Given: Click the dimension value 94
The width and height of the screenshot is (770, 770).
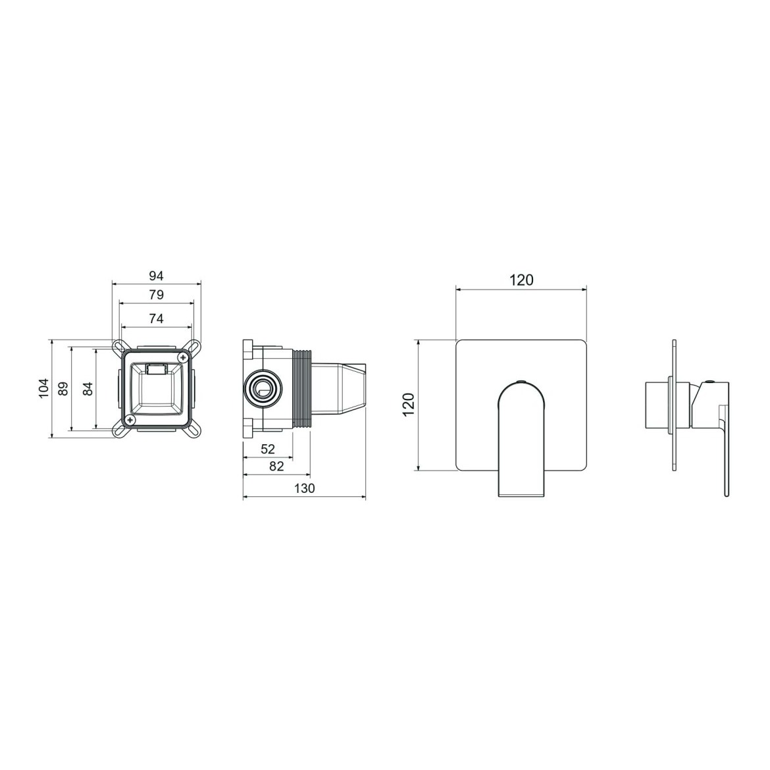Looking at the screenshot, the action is coord(156,276).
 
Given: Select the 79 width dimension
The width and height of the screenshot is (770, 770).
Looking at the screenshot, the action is coord(156,295).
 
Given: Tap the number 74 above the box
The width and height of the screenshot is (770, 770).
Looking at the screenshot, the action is coord(156,319).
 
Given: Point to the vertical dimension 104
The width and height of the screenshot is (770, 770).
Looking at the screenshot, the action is coord(44,388).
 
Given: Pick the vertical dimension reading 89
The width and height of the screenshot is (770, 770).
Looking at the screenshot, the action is coord(63,389).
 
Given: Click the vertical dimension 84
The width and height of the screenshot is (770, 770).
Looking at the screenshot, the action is coord(88,389).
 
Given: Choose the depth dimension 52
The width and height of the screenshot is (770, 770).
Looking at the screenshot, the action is coord(268,449).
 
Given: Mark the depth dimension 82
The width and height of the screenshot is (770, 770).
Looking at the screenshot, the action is coord(276,466).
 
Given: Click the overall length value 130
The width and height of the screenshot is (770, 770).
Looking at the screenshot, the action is coord(305,488).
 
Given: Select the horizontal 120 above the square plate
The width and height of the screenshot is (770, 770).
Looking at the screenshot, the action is coord(521,280).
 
